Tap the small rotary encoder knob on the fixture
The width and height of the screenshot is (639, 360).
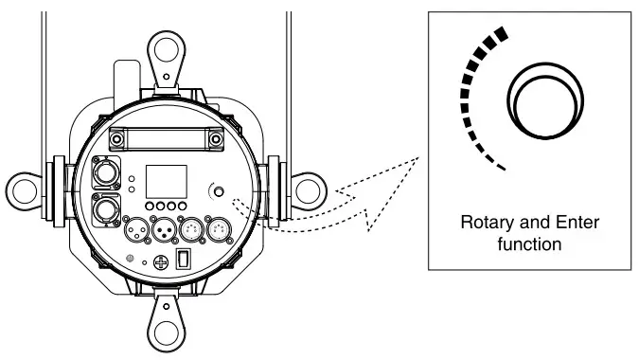point(219,192)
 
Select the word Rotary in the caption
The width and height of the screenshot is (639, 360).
point(487,224)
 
